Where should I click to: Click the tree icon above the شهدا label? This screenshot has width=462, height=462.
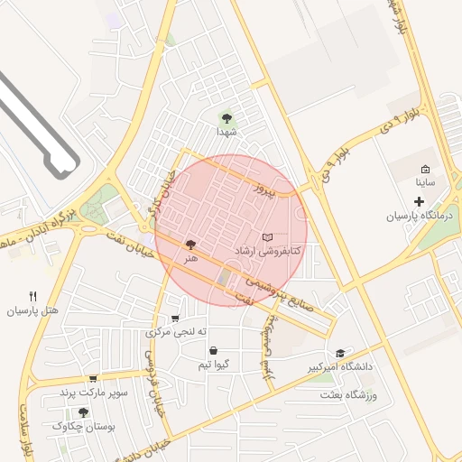pos(226,117)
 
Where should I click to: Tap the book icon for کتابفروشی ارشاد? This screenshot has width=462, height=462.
pos(266,237)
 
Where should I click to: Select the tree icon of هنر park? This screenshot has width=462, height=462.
pos(190,244)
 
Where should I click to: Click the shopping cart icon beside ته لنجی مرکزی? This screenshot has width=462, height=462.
pos(174,319)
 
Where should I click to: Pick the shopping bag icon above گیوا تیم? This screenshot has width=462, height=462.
pos(213,350)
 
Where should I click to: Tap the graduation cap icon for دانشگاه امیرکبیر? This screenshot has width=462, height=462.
pos(340,354)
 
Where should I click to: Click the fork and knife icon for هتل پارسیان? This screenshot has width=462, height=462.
pos(33,296)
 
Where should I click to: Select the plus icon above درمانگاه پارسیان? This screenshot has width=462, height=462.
pos(419,199)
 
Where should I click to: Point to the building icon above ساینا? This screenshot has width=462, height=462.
pos(425,169)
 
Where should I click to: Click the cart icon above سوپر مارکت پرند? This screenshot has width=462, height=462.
pos(93,379)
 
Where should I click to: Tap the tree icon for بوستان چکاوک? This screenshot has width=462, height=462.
pos(84,411)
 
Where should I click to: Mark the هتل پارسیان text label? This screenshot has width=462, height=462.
pos(33,310)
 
